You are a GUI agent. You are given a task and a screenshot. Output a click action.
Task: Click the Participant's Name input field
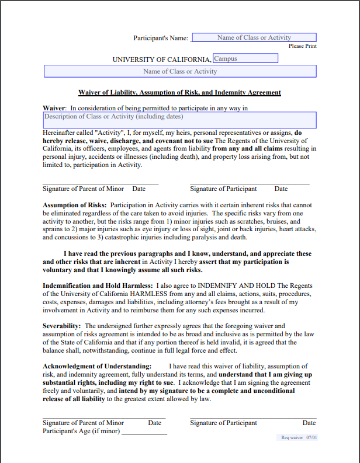point(254,37)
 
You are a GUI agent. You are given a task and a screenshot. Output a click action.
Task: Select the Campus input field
point(245,58)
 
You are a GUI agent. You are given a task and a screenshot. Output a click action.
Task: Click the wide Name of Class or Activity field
point(180,71)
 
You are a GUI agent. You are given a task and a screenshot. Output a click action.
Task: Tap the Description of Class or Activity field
point(180,120)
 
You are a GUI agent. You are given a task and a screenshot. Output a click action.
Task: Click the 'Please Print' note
point(303,46)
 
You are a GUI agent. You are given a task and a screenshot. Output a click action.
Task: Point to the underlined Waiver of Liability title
point(179,92)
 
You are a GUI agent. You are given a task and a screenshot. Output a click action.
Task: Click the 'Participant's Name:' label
point(161,38)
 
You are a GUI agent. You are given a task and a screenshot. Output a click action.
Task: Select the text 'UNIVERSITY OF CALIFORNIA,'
point(162,60)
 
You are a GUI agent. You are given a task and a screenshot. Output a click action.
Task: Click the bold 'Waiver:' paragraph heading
point(54,108)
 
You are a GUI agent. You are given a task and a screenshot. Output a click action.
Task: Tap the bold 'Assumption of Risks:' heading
point(75,206)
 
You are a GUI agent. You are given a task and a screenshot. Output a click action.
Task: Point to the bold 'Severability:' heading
point(63,326)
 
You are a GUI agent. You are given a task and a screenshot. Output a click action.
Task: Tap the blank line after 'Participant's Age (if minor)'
point(144,432)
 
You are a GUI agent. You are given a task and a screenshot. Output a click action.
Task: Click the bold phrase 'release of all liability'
point(74,399)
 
